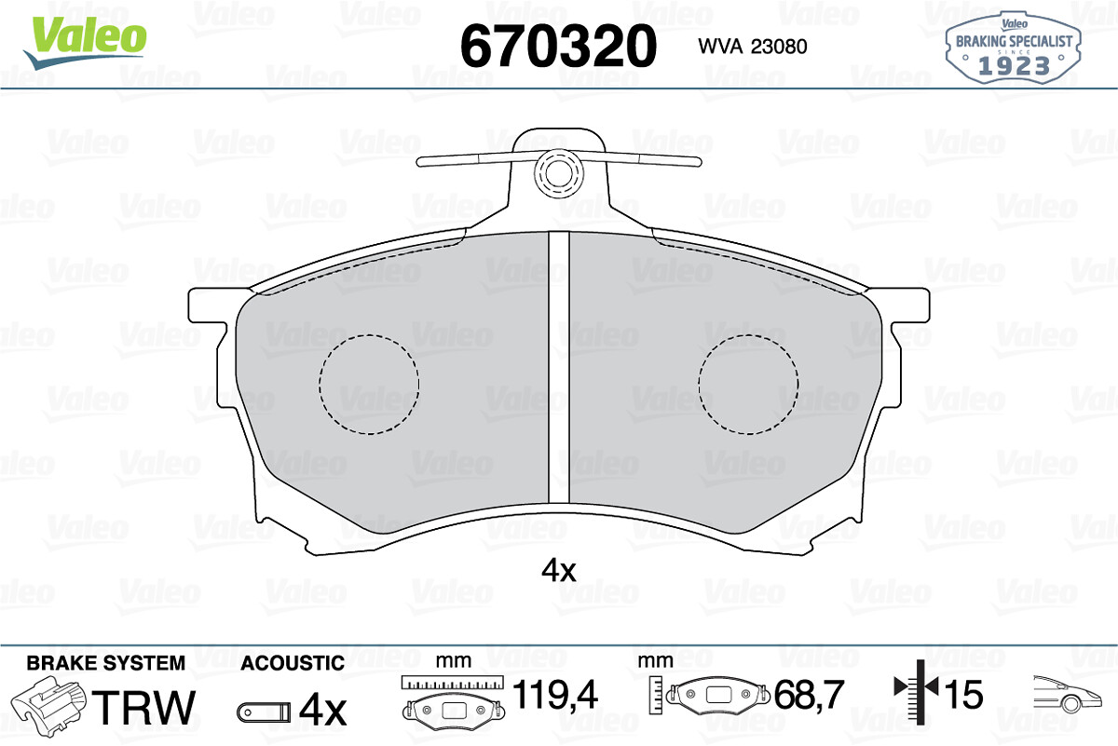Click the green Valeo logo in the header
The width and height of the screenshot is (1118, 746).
(x=86, y=42)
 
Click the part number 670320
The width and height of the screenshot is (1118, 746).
(x=558, y=46)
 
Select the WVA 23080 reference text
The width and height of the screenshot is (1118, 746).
(x=752, y=47)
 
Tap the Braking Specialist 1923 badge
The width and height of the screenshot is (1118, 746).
(x=1013, y=47)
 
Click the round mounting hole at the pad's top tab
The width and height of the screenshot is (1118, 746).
(x=558, y=173)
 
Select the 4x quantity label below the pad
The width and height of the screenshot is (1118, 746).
(x=558, y=570)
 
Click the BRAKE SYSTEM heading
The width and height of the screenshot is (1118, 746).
(x=106, y=663)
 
